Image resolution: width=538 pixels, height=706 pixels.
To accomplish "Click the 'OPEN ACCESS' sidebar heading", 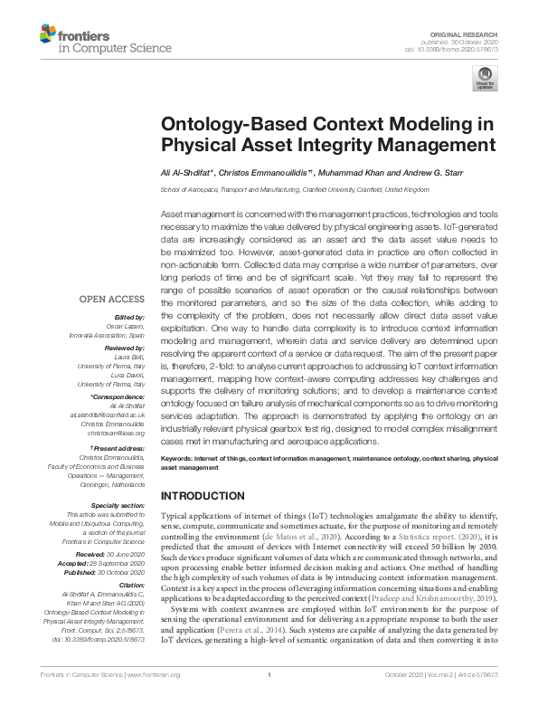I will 111,298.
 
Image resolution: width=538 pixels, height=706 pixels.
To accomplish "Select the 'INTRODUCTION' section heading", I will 204,497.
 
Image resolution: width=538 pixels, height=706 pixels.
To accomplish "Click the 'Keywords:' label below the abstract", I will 179,460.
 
